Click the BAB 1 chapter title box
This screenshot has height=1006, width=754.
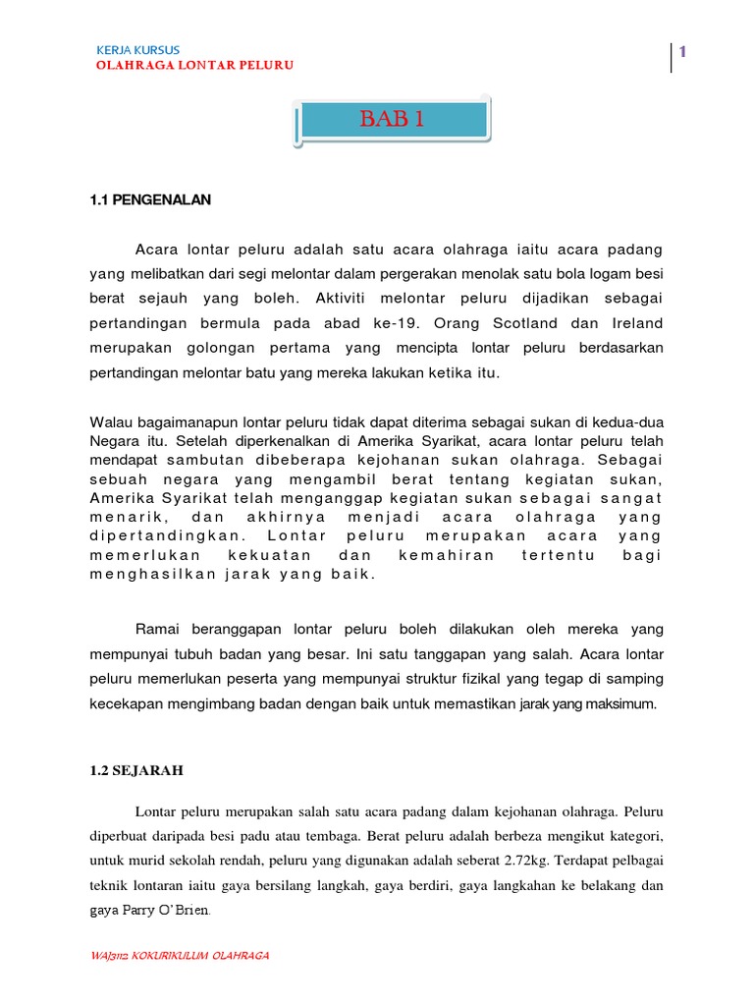pyautogui.click(x=392, y=121)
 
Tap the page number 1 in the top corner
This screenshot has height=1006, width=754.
pyautogui.click(x=679, y=52)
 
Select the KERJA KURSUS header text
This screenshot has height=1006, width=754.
pyautogui.click(x=137, y=50)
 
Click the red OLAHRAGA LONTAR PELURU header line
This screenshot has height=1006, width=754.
pyautogui.click(x=193, y=66)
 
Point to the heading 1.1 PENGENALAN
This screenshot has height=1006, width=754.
pyautogui.click(x=150, y=199)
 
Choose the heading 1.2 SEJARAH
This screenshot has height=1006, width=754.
pyautogui.click(x=135, y=771)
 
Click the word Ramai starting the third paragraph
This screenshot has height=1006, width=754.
pyautogui.click(x=156, y=629)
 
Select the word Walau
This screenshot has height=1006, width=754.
pyautogui.click(x=109, y=422)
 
